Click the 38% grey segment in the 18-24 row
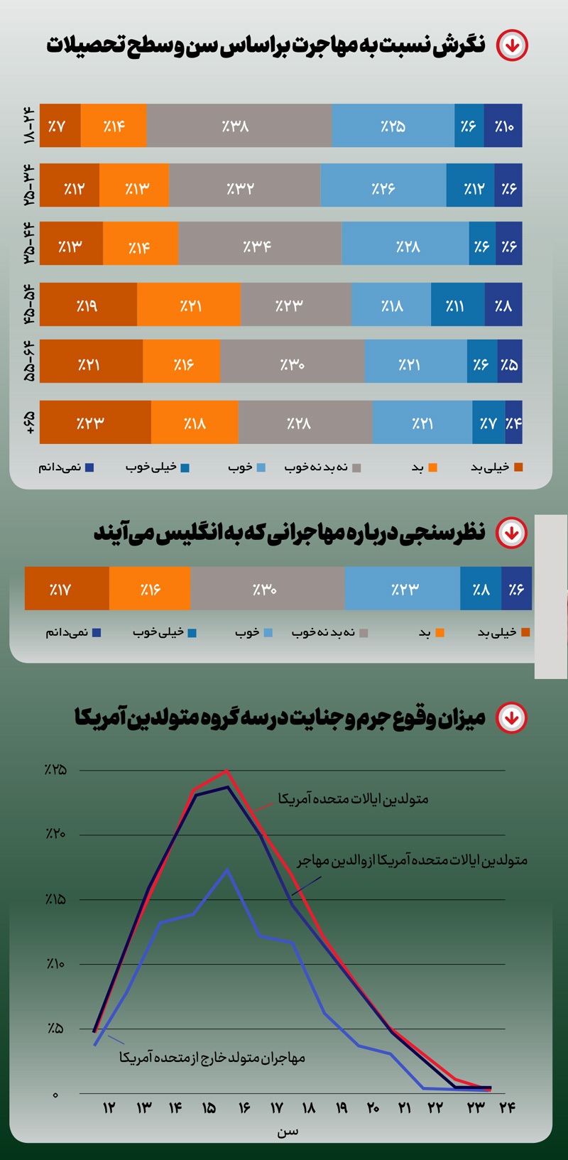click(x=239, y=126)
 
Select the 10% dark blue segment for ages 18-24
click(x=503, y=126)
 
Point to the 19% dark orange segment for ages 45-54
click(x=88, y=305)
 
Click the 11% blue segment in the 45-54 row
click(x=458, y=305)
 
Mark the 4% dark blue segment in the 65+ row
click(x=514, y=423)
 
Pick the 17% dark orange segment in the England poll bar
click(x=67, y=589)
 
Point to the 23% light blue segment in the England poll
click(x=403, y=589)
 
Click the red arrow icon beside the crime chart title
click(x=511, y=717)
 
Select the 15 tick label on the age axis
click(x=209, y=1108)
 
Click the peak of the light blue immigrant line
click(x=227, y=869)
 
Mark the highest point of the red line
click(x=226, y=771)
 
